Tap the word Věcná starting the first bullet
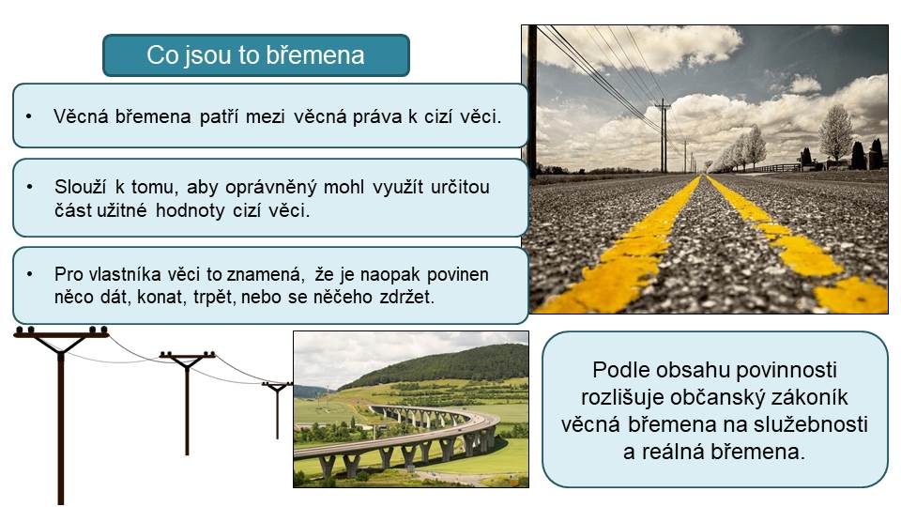[x=81, y=116]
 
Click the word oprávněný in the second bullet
[x=270, y=188]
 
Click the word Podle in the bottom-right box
[x=618, y=370]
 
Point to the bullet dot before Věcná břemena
[x=29, y=116]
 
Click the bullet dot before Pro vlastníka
[x=29, y=274]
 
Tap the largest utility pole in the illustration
[x=61, y=415]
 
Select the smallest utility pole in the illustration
[x=277, y=409]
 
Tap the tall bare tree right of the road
[x=835, y=135]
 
